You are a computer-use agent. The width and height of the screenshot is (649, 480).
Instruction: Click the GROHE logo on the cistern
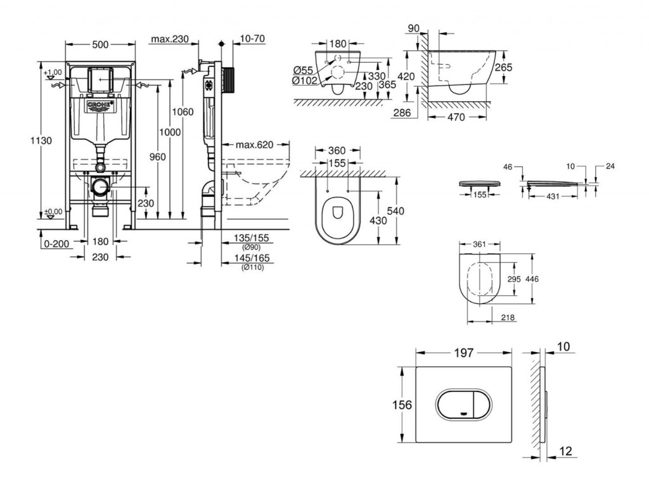(101, 104)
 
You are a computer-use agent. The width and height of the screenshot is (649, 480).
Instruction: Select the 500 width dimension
(101, 44)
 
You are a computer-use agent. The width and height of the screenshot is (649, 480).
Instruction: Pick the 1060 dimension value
(183, 112)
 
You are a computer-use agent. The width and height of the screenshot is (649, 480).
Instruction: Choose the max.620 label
(254, 145)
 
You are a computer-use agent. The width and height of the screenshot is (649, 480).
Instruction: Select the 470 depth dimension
(456, 117)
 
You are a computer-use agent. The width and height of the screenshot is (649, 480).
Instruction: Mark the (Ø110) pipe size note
(253, 267)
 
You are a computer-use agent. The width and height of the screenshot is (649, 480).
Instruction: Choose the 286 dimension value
(402, 113)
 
